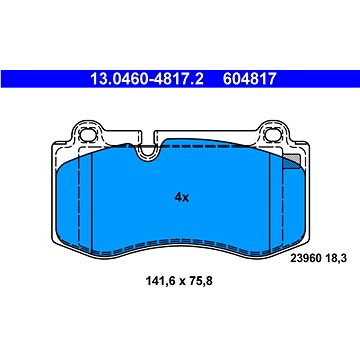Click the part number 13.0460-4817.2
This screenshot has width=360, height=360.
(147, 79)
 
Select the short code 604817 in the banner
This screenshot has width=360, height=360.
(250, 79)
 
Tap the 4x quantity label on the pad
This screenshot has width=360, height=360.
(182, 198)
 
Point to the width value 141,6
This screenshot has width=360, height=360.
(159, 282)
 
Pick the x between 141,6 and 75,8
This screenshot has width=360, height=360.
(179, 282)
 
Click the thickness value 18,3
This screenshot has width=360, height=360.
(335, 258)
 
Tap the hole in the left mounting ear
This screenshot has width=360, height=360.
(88, 135)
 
